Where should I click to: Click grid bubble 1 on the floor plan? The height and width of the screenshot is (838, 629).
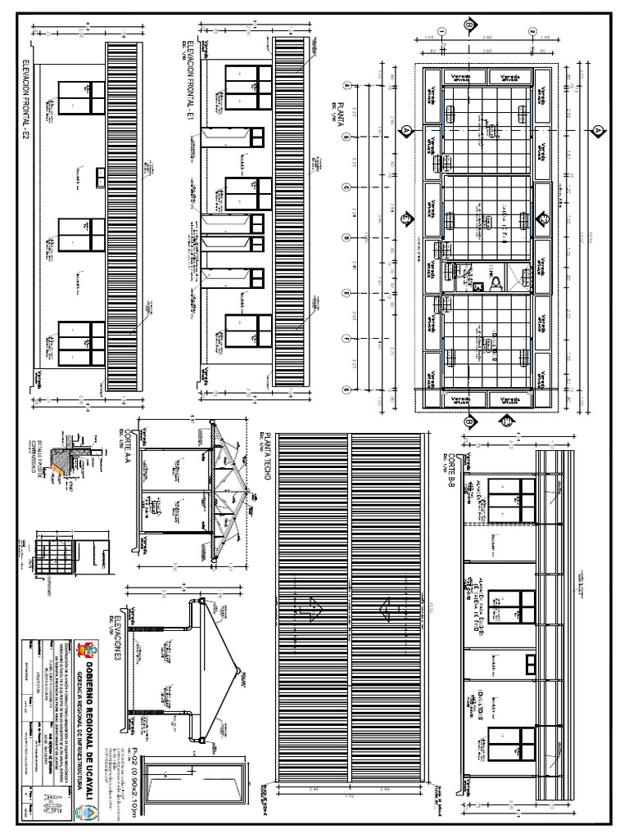442,32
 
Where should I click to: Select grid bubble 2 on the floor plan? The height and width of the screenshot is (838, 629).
532,32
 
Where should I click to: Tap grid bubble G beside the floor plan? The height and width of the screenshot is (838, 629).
346,390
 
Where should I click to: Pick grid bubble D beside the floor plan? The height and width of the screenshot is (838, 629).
346,239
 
